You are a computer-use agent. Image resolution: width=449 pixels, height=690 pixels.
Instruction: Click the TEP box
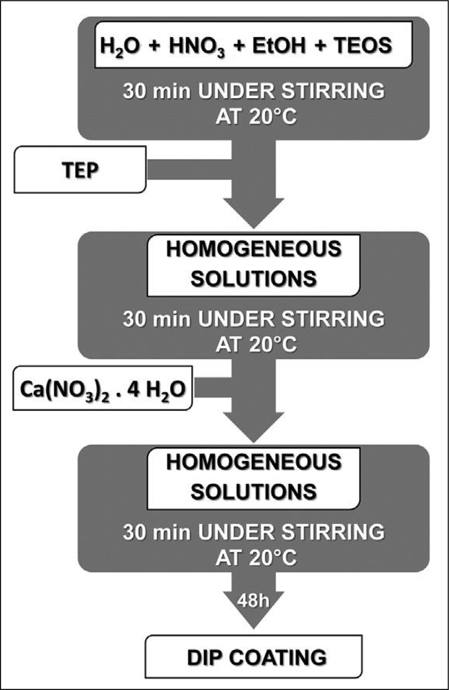coord(80,170)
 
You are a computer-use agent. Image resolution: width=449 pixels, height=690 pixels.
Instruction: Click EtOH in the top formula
coord(279,46)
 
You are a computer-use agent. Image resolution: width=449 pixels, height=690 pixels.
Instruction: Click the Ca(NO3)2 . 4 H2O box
coord(103,388)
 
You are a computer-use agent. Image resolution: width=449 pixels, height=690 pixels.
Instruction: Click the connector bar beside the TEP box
coord(189,170)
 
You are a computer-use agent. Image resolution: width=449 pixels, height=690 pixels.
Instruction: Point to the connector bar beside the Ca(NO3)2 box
coord(212,387)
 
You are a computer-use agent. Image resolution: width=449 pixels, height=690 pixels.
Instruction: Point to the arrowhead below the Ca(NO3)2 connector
coord(254,427)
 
